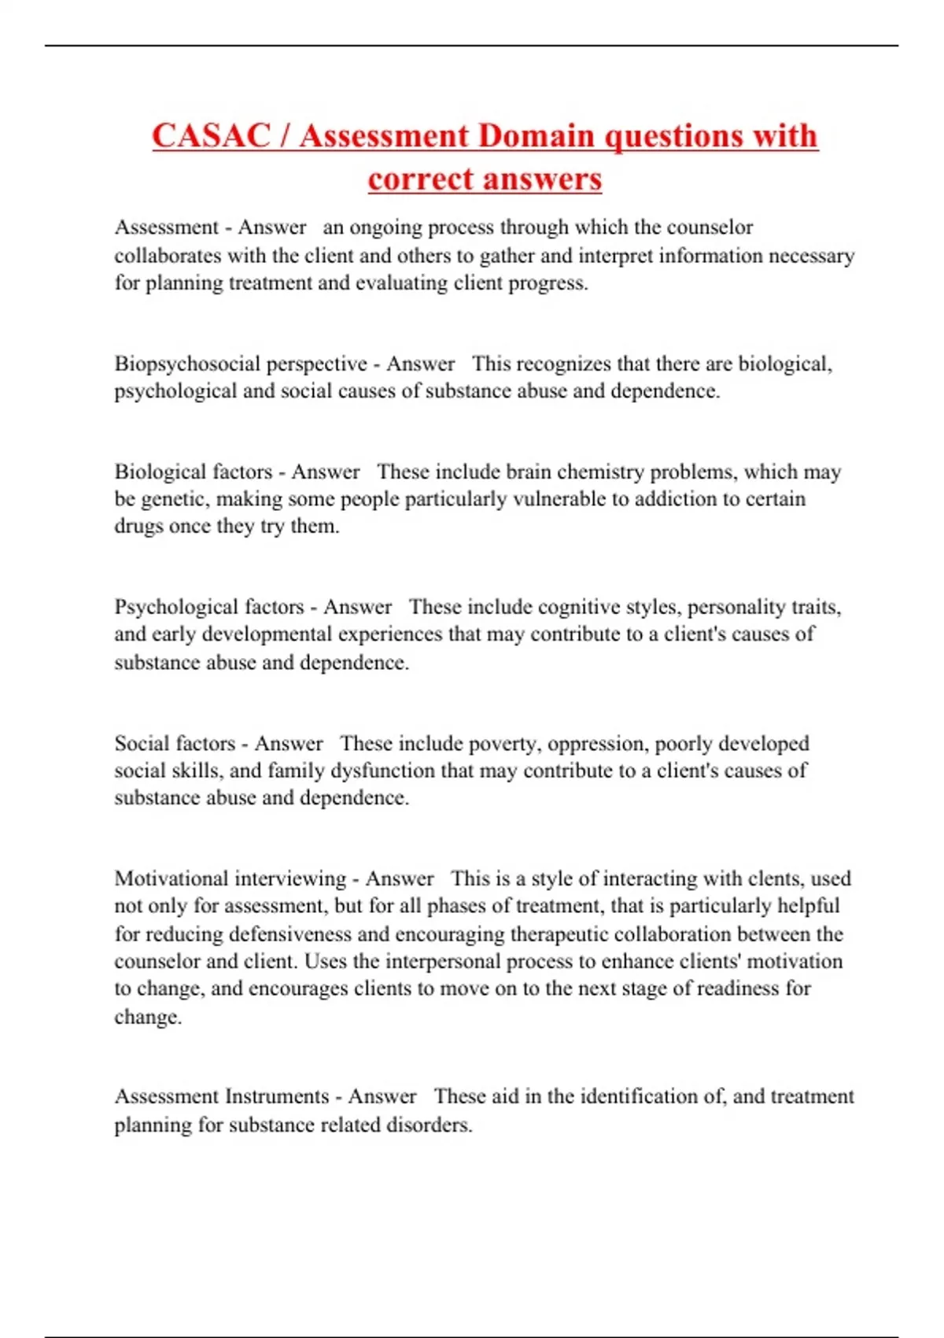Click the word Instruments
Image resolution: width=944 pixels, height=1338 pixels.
277,1097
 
